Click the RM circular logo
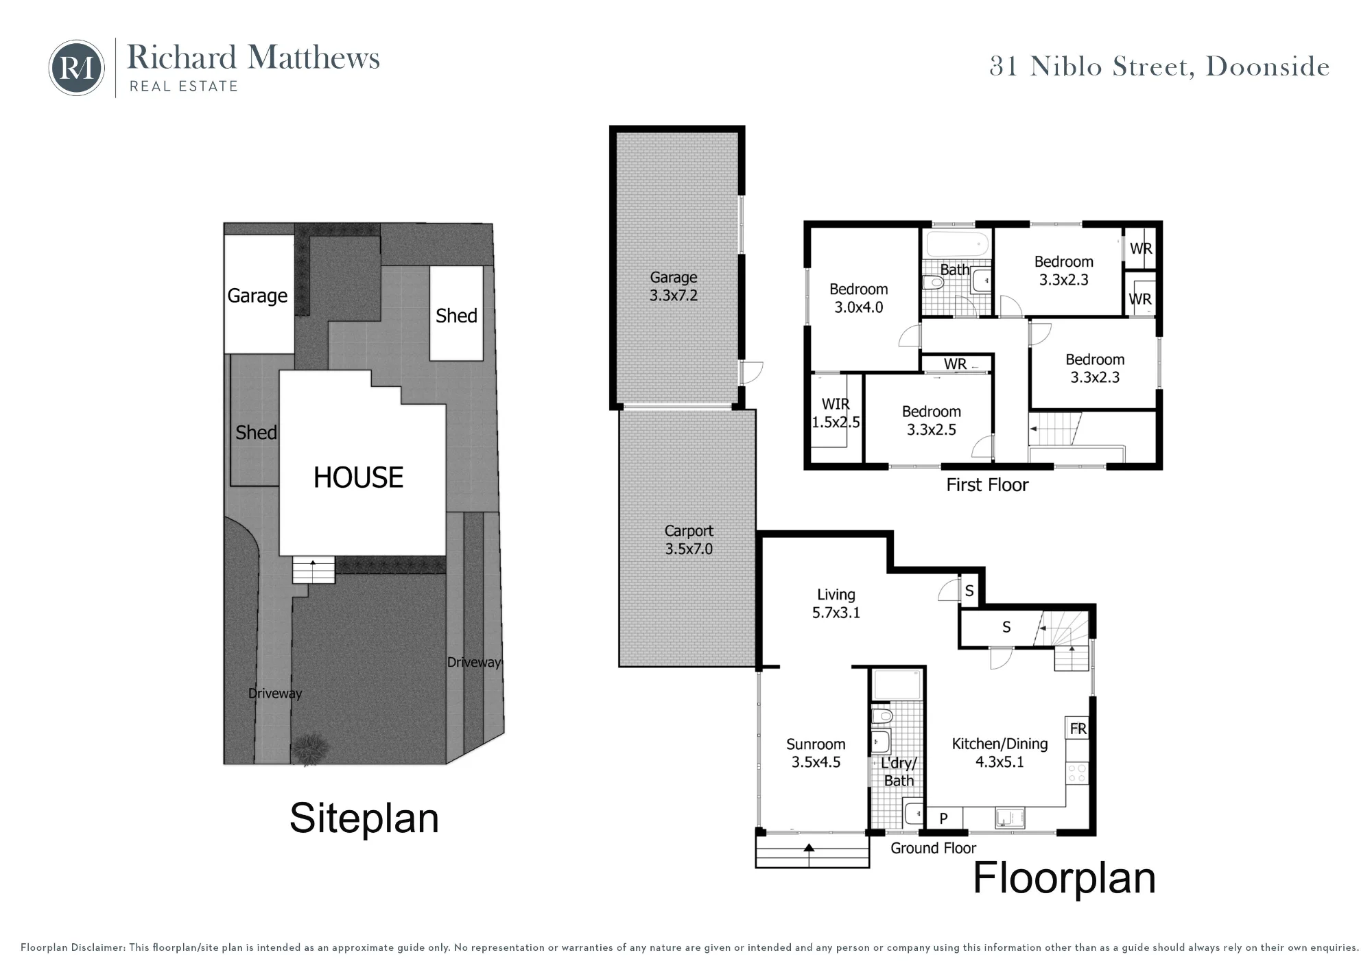[x=77, y=68]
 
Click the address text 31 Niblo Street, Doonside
[x=1159, y=67]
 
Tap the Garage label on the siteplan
[x=257, y=296]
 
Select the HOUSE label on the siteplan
[x=358, y=477]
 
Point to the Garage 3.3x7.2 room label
[x=674, y=287]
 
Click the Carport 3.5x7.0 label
[x=689, y=540]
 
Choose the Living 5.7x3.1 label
[x=836, y=604]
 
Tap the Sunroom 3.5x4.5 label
[x=816, y=753]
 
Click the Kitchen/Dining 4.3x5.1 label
[x=1000, y=753]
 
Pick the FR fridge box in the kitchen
[x=1078, y=729]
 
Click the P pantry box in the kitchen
[x=944, y=818]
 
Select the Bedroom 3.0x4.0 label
[x=859, y=298]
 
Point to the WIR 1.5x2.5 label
[x=836, y=413]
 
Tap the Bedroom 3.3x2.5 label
[x=932, y=421]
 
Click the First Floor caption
[x=987, y=485]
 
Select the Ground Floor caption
[x=933, y=849]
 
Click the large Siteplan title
[x=364, y=818]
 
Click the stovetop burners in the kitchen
[x=1077, y=774]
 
